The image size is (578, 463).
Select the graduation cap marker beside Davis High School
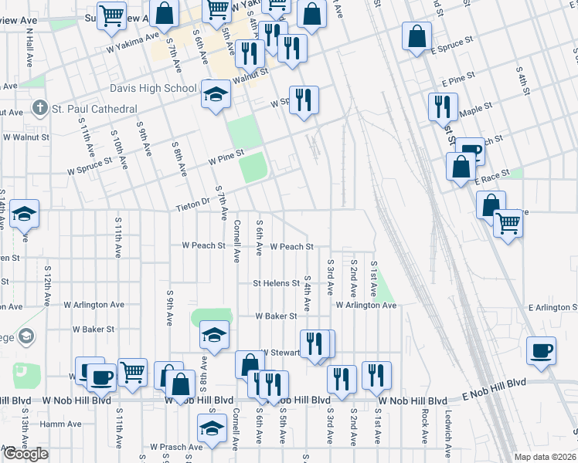coord(216,95)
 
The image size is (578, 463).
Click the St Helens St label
coord(277,283)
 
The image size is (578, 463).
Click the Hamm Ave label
coord(62,424)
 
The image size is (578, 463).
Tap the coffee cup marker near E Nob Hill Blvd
coord(541,351)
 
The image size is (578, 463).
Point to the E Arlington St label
coord(552,307)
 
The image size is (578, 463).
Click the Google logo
coord(25,454)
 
